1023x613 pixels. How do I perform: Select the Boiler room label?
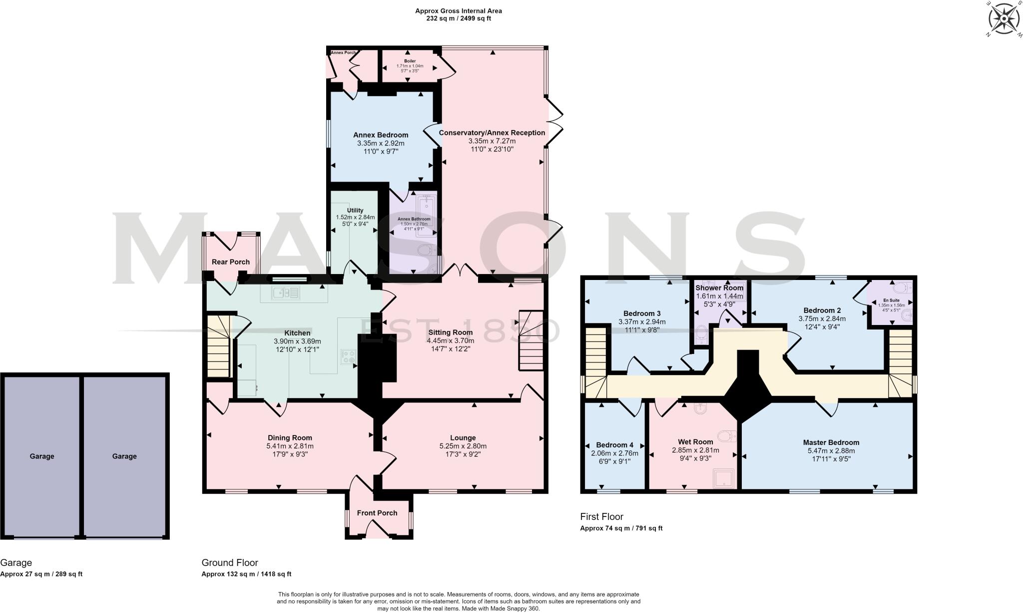410,61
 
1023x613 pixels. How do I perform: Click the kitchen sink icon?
285,292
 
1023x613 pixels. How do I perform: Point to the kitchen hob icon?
348,356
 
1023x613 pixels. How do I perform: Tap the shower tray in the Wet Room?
724,477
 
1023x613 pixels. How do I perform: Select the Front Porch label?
377,512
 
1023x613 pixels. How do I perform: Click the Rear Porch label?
230,261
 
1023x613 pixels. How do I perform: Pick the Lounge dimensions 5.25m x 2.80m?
463,446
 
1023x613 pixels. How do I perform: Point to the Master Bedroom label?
831,442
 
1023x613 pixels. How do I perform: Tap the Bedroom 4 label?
614,445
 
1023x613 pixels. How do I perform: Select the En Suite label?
891,300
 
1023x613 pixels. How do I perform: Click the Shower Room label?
719,288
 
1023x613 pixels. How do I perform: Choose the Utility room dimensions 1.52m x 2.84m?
355,217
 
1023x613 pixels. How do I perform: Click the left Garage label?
42,456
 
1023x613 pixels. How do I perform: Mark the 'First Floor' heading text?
601,516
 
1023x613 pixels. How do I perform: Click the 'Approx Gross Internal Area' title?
458,11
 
